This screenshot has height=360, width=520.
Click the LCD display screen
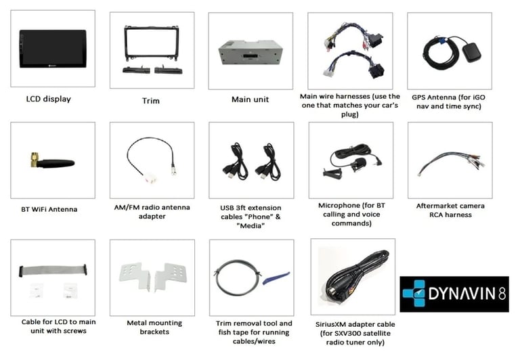point(53,49)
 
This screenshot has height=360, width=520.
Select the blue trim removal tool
point(276,278)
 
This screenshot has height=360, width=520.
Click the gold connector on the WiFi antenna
point(34,160)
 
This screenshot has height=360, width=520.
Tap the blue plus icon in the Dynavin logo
point(414,293)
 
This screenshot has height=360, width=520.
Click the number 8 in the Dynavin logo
point(502,294)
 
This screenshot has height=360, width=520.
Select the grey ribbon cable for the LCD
point(53,270)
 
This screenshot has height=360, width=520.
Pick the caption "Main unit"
point(250,99)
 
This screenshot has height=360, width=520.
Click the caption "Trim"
point(151,101)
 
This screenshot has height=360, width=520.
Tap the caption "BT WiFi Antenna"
point(49,210)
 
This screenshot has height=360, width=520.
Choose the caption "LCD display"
point(49,99)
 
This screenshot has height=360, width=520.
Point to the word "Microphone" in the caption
point(339,206)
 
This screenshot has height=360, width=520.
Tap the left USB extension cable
point(236,162)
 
